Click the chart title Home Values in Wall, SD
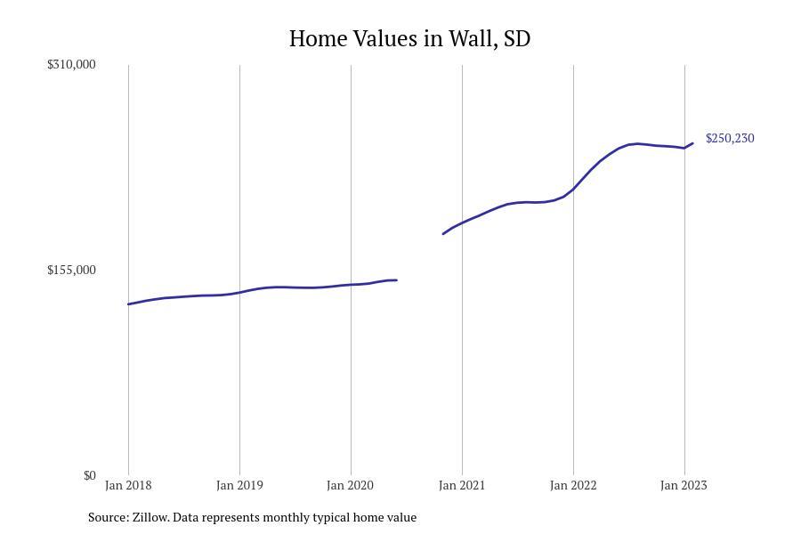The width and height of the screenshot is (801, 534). [x=409, y=38]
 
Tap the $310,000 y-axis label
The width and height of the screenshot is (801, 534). [x=71, y=64]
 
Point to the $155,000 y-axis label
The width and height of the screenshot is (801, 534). [x=71, y=270]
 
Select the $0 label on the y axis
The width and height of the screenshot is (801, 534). [x=90, y=476]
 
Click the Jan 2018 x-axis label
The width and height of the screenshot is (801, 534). [x=128, y=485]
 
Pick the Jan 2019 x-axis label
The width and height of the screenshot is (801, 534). [x=239, y=485]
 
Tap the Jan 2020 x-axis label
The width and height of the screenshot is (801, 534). [x=351, y=485]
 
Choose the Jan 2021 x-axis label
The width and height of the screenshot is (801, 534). [x=462, y=485]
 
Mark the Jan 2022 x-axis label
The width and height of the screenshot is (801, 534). [x=573, y=485]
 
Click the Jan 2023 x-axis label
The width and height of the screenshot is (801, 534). [x=684, y=485]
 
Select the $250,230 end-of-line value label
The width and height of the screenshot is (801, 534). [x=730, y=139]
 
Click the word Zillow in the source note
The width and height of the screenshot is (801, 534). [x=150, y=517]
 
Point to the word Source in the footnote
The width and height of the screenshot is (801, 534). [x=109, y=517]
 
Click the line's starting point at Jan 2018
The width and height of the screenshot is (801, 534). [x=128, y=304]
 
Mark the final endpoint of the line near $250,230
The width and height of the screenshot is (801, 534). [x=692, y=143]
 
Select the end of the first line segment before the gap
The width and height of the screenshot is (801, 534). [x=396, y=280]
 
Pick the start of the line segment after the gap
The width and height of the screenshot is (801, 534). [x=443, y=233]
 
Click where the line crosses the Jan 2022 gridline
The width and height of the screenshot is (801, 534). [x=573, y=189]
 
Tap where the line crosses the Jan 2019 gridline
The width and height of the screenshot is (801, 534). [x=239, y=293]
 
